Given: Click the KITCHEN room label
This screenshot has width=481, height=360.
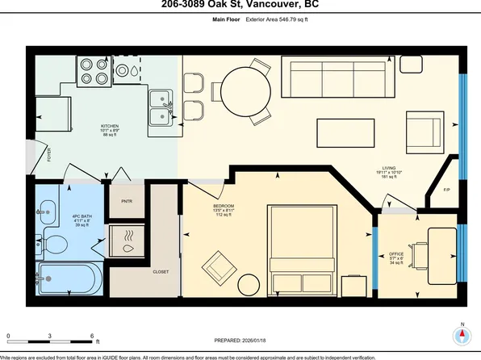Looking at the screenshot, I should click(x=109, y=127).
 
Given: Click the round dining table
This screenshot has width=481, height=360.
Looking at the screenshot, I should click(x=241, y=85).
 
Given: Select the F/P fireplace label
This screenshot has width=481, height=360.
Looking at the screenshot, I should click(x=446, y=190).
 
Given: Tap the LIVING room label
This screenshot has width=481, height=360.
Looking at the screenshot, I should click(x=389, y=170).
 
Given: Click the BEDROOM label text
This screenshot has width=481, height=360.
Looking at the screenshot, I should click(x=224, y=207).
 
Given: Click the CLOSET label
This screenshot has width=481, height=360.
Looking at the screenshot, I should click(x=161, y=272).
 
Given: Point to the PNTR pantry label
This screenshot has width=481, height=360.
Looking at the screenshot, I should click(x=126, y=201).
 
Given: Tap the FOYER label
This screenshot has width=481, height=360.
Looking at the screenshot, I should click(x=48, y=154).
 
